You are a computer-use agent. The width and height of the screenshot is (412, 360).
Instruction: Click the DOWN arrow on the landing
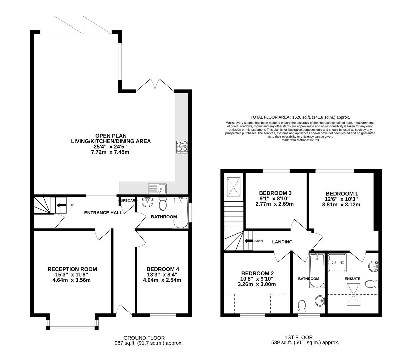coord(248,241)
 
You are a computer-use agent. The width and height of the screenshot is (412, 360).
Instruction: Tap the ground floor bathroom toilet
coord(163,204)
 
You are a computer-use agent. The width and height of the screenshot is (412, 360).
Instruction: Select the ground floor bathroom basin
coord(147,202)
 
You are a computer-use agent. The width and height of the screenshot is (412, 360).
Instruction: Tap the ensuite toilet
coord(372,284)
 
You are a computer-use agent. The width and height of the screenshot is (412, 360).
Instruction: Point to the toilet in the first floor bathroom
coord(302,306)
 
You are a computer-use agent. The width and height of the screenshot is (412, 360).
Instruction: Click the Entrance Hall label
coord(103,213)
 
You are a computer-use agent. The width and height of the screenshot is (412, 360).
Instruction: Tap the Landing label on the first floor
coord(282,242)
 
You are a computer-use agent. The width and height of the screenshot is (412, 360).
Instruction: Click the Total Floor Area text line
coord(300,117)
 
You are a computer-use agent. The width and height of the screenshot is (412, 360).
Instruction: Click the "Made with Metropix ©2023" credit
coord(300,140)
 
